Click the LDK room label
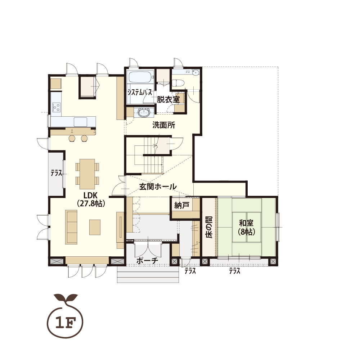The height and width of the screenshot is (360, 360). [91, 195]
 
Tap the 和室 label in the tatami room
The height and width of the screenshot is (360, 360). [246, 223]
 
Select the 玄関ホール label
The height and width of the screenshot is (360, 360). [158, 187]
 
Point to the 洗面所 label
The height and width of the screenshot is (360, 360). [164, 125]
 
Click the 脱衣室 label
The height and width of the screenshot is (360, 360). [168, 100]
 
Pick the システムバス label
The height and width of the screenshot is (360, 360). [140, 93]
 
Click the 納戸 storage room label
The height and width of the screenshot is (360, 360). [181, 205]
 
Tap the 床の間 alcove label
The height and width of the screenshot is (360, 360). [209, 227]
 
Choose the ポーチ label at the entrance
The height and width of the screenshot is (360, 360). [147, 261]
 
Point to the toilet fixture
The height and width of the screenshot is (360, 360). [178, 83]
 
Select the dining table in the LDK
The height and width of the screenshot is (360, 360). [87, 172]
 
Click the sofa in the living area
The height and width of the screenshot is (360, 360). [71, 227]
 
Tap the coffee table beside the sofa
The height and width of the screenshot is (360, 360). [95, 227]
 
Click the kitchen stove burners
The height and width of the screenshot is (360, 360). [56, 107]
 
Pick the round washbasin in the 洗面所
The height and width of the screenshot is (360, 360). [144, 113]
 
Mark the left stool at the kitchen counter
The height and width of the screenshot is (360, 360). [72, 138]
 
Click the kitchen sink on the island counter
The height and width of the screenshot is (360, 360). [80, 122]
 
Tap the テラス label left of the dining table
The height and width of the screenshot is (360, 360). [57, 173]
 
